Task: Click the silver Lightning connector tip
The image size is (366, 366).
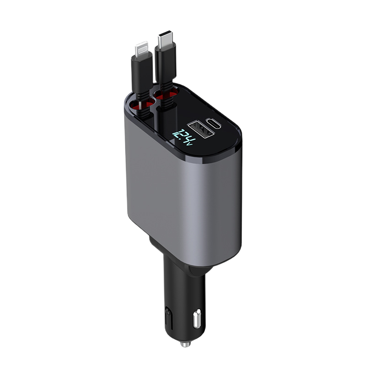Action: pos(142,50)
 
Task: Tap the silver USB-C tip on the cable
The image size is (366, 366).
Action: pos(165,41)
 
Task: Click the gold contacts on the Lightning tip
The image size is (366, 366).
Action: pos(142,47)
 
